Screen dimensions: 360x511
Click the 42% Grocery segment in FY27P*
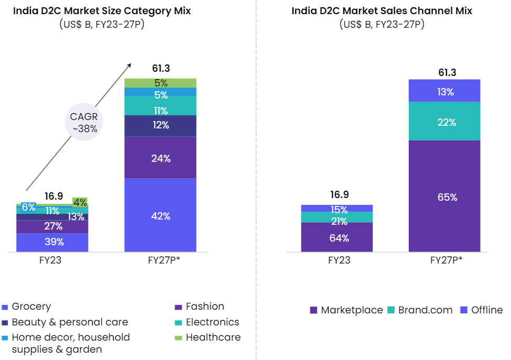[x=160, y=215]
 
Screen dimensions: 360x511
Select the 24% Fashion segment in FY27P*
[x=160, y=158]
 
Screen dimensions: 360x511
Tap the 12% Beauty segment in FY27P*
[x=160, y=125]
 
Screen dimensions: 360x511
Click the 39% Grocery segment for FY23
[x=52, y=242]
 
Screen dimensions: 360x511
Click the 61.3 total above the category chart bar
[x=161, y=69]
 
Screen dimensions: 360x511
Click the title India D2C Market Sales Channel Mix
[x=382, y=10]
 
